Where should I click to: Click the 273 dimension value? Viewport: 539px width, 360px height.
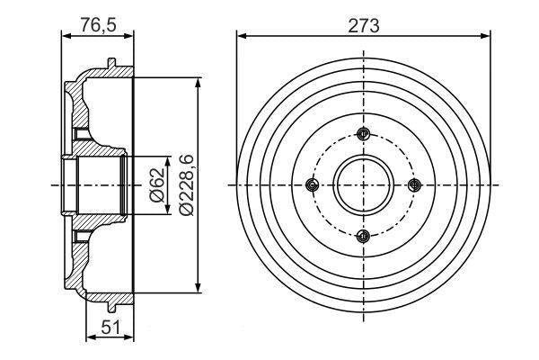click(363, 26)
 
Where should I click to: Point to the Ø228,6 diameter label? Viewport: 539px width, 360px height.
click(185, 184)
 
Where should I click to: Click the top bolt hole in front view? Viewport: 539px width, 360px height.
click(363, 134)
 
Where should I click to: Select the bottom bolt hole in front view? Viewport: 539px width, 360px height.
click(363, 236)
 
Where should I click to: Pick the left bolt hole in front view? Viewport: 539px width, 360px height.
click(312, 184)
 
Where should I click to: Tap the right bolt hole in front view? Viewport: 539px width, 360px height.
click(414, 184)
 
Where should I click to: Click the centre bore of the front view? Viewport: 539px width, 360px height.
click(363, 184)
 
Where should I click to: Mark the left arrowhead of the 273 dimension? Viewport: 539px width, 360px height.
click(241, 37)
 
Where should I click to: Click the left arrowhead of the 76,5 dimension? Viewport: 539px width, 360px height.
click(65, 37)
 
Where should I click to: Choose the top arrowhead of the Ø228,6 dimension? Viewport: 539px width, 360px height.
click(198, 81)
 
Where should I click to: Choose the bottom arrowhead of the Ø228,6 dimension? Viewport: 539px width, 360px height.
click(198, 289)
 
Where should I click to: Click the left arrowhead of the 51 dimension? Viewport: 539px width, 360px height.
click(88, 337)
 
